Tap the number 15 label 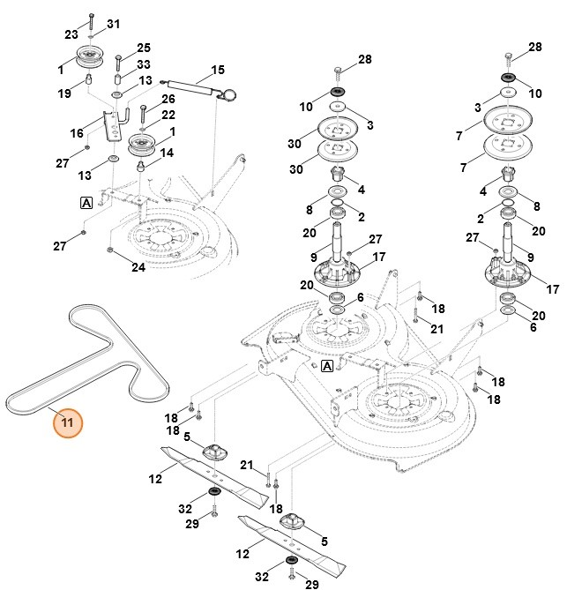point(217,70)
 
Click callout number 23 point(71,34)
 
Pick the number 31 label point(113,23)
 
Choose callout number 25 point(143,47)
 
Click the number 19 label point(64,93)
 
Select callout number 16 point(77,132)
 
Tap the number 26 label point(168,99)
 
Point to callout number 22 point(168,115)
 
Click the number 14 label point(166,153)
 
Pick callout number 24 point(138,266)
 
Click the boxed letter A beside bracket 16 point(86,202)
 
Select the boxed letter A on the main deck point(327,365)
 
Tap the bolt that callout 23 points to point(92,22)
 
